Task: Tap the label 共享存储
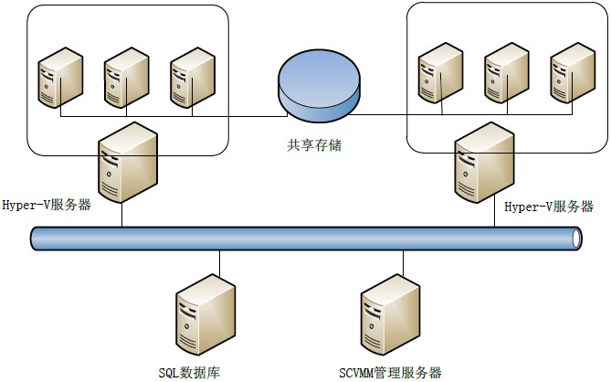[314, 146]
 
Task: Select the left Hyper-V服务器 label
[47, 205]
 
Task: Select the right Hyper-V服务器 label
[549, 207]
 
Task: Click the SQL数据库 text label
[189, 372]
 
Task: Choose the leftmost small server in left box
[60, 79]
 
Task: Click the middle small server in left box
[125, 79]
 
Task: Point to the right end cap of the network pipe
[577, 239]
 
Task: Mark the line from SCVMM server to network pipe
[399, 263]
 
